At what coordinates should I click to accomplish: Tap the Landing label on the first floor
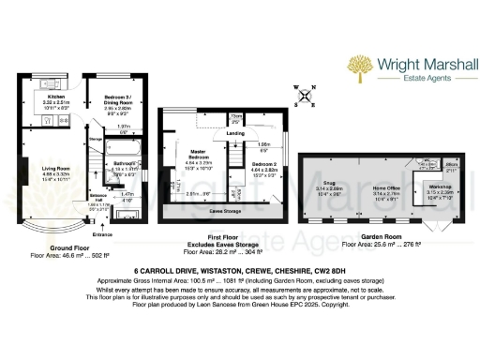[x=236, y=133]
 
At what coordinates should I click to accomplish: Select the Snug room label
[x=329, y=184]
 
